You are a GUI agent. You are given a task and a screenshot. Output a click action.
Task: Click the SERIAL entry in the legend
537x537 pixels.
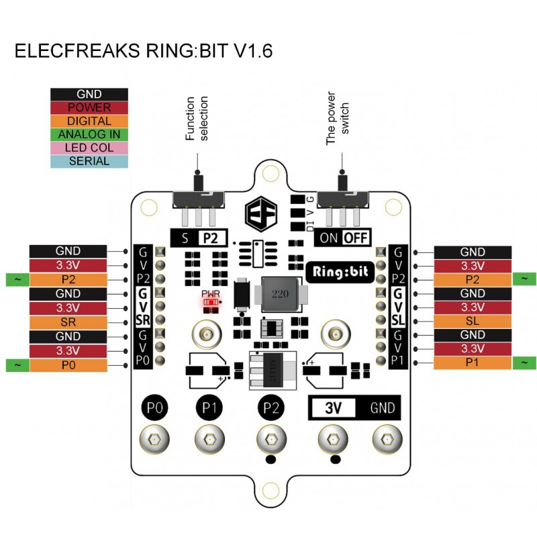[x=89, y=161]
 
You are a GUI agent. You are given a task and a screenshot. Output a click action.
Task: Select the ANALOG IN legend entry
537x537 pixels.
[x=89, y=134]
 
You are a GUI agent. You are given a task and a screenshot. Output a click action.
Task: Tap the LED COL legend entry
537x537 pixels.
[x=89, y=148]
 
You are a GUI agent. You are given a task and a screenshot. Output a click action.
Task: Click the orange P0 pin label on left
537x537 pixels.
[x=68, y=364]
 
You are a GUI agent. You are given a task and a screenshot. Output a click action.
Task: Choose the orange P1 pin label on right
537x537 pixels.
[x=473, y=363]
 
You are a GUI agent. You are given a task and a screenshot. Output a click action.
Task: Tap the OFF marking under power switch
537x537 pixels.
[x=356, y=238]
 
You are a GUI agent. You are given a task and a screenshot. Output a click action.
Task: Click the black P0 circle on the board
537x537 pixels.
[x=154, y=407]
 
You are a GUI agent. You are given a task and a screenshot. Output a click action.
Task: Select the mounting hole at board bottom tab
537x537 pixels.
[x=271, y=490]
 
